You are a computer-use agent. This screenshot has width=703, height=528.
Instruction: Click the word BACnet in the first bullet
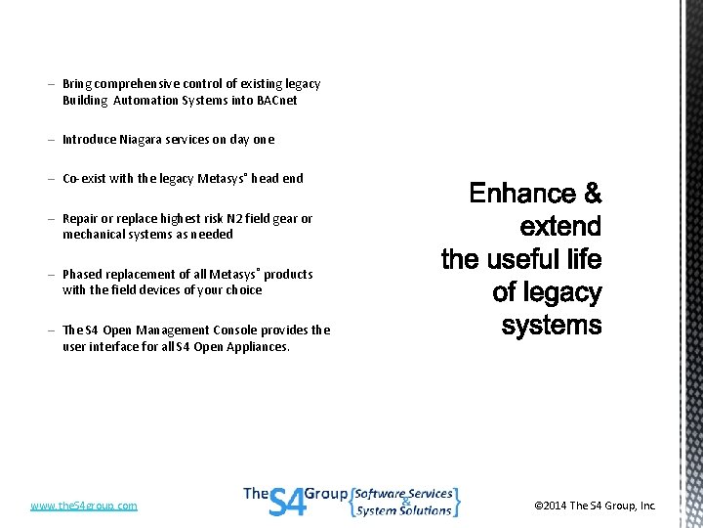[x=277, y=101]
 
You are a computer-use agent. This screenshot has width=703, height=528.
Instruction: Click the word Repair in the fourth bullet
[x=82, y=219]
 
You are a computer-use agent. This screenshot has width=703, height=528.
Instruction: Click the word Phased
[x=83, y=275]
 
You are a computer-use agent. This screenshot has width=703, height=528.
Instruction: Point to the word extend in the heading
[x=560, y=228]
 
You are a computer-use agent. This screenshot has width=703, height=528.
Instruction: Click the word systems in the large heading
[x=552, y=326]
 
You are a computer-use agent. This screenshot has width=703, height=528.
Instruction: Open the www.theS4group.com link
[x=84, y=506]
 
